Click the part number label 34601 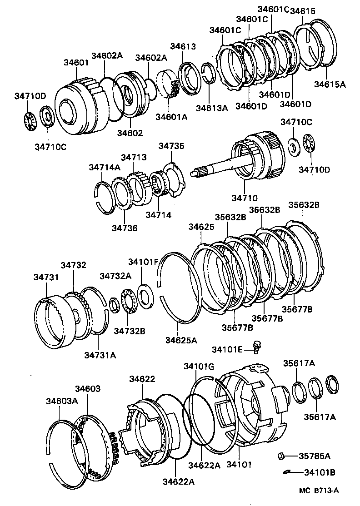pyautogui.click(x=75, y=63)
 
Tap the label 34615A pyautogui.click(x=330, y=84)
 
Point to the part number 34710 pyautogui.click(x=245, y=198)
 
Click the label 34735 pyautogui.click(x=171, y=146)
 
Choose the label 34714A pyautogui.click(x=104, y=167)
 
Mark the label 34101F pyautogui.click(x=143, y=262)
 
